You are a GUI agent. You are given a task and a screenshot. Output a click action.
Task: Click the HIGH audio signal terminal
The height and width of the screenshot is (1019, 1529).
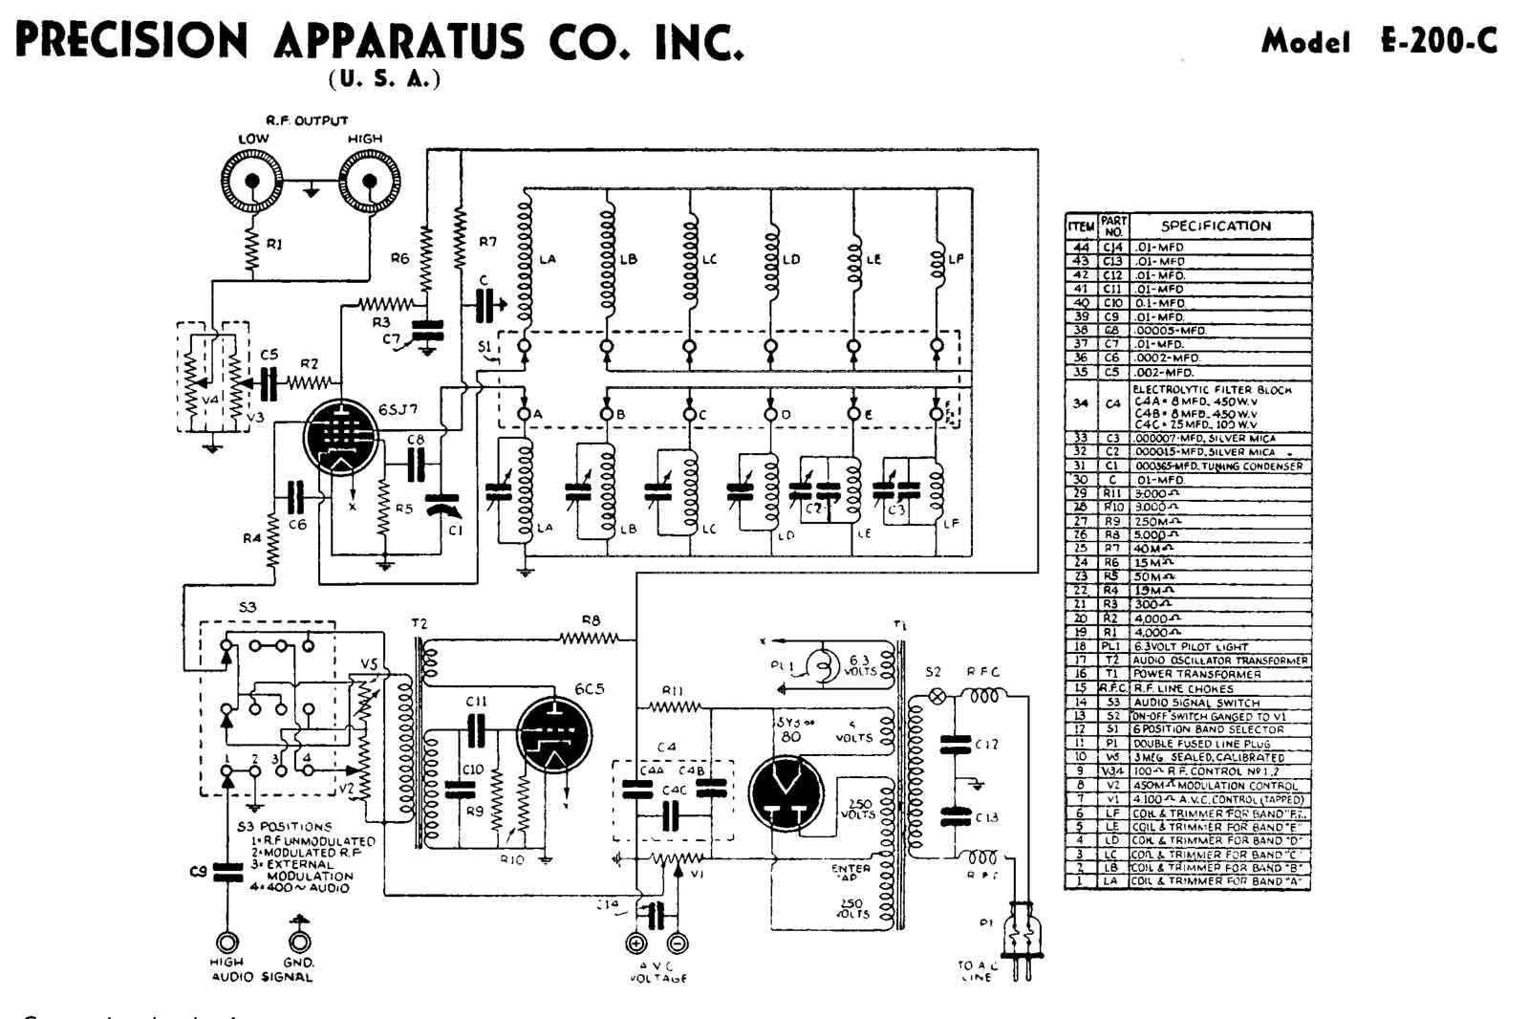point(227,942)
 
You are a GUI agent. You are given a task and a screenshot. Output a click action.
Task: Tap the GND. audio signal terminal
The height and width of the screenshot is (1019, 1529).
point(300,942)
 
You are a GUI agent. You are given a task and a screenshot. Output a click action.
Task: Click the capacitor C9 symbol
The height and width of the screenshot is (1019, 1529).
point(227,872)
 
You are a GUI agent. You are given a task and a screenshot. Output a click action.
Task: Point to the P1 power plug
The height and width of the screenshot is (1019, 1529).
point(1018,942)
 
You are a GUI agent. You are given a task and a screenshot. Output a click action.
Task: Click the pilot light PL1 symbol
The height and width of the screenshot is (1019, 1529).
point(818,663)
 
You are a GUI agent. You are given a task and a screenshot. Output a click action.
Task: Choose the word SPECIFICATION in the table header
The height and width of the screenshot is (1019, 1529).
point(1216,227)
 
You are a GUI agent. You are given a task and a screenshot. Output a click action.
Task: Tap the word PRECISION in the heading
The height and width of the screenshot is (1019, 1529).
point(132,41)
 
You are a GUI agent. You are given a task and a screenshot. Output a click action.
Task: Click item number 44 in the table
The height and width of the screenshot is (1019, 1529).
point(1081,248)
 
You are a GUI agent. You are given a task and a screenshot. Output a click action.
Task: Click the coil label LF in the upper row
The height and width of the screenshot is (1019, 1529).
point(956,259)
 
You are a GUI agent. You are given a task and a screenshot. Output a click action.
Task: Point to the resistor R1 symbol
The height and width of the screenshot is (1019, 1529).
point(252,245)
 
